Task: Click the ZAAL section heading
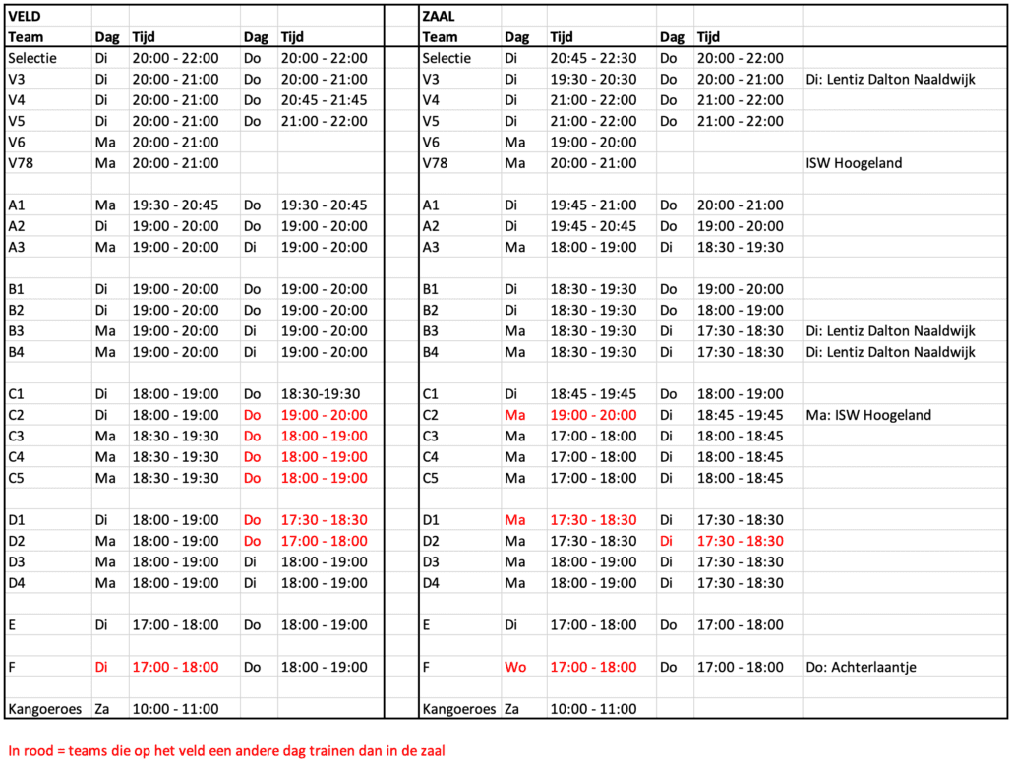coord(440,16)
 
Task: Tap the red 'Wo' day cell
coord(515,667)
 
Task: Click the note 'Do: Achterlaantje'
coord(861,667)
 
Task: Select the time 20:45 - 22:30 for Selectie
coord(593,58)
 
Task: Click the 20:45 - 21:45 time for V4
coord(325,100)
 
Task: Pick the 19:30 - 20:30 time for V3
coord(593,80)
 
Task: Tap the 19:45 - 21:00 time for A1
coord(593,205)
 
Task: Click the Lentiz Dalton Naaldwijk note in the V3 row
coord(890,80)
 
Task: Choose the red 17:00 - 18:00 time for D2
coord(325,541)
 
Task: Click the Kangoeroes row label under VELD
coord(46,709)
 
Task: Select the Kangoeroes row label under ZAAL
coord(460,709)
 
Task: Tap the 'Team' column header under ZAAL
coord(440,37)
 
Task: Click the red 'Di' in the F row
coord(101,667)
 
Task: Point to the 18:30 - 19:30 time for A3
coord(741,247)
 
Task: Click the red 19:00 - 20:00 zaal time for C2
coord(593,415)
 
